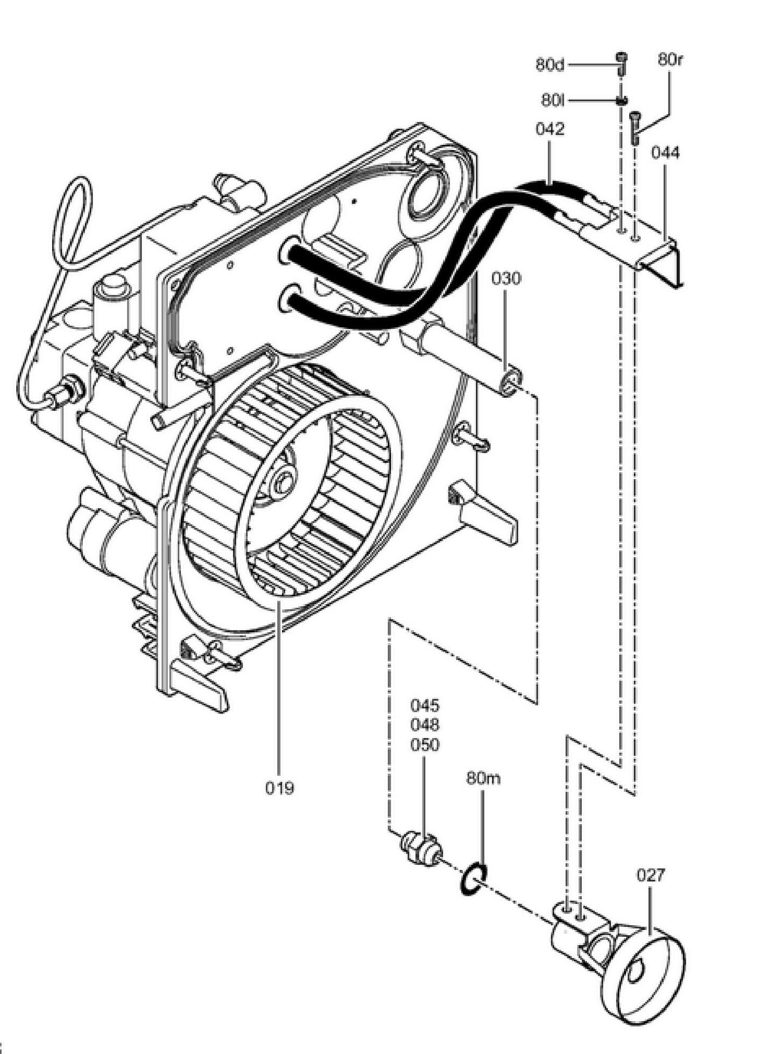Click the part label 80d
[550, 65]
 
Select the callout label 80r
[670, 60]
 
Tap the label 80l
[553, 100]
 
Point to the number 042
[550, 129]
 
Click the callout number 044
[665, 153]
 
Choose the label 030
[506, 279]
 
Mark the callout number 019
[280, 788]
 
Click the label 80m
[483, 778]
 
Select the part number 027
[651, 875]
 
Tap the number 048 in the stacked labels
[425, 725]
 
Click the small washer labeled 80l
[622, 100]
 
